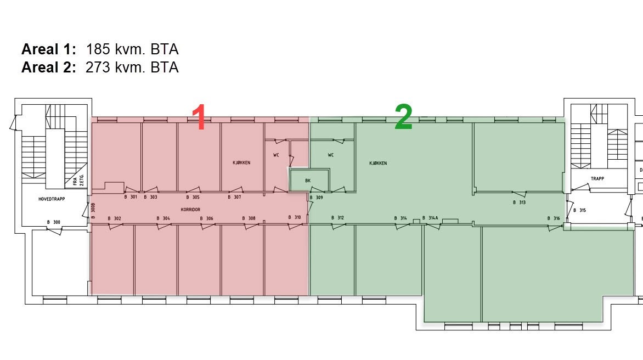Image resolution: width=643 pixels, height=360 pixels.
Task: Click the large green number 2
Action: pyautogui.click(x=403, y=117)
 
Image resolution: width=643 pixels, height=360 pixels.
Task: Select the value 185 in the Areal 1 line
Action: pyautogui.click(x=98, y=49)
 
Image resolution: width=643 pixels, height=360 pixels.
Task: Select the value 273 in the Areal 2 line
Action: pyautogui.click(x=98, y=68)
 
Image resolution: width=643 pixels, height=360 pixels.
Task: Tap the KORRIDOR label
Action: pyautogui.click(x=190, y=210)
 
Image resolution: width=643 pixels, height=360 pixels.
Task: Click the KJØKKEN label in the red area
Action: pyautogui.click(x=241, y=162)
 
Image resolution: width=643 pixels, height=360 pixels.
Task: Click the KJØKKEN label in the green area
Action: pyautogui.click(x=378, y=163)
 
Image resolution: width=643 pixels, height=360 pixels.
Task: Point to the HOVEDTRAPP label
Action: pyautogui.click(x=52, y=199)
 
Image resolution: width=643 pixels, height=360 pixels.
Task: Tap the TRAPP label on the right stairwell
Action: pyautogui.click(x=597, y=179)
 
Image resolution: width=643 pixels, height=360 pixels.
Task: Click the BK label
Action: pyautogui.click(x=308, y=180)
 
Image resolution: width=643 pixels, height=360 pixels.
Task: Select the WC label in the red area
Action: pyautogui.click(x=277, y=155)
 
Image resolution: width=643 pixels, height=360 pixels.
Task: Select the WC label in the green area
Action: pyautogui.click(x=331, y=155)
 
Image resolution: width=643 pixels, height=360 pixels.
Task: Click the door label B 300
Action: pyautogui.click(x=54, y=222)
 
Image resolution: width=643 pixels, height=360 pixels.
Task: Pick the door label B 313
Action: pyautogui.click(x=519, y=203)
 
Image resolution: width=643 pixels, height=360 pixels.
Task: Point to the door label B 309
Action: pyautogui.click(x=317, y=198)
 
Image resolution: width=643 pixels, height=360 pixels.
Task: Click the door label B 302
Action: pyautogui.click(x=114, y=218)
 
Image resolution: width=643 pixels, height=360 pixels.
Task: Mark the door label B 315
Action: pyautogui.click(x=579, y=210)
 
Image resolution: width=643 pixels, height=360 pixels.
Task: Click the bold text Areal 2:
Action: pyautogui.click(x=48, y=68)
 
